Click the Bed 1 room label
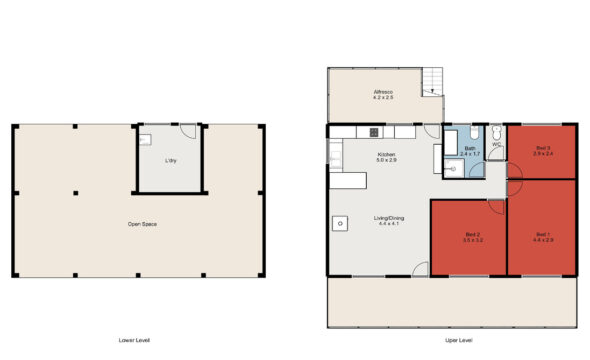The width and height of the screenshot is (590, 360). [543, 237]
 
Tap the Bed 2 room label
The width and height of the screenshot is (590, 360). [473, 237]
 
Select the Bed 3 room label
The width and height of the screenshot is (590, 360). [543, 150]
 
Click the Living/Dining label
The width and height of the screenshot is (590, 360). [388, 221]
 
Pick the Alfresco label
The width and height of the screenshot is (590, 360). [384, 95]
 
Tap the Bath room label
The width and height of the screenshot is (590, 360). [470, 151]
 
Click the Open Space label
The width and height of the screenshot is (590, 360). [141, 224]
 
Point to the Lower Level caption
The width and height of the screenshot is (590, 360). [134, 341]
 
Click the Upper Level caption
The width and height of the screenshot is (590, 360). [459, 341]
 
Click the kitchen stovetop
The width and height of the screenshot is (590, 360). [373, 131]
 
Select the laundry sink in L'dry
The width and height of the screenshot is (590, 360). [145, 140]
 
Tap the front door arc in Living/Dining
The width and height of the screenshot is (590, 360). [421, 268]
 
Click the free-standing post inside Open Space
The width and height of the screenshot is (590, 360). [76, 193]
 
